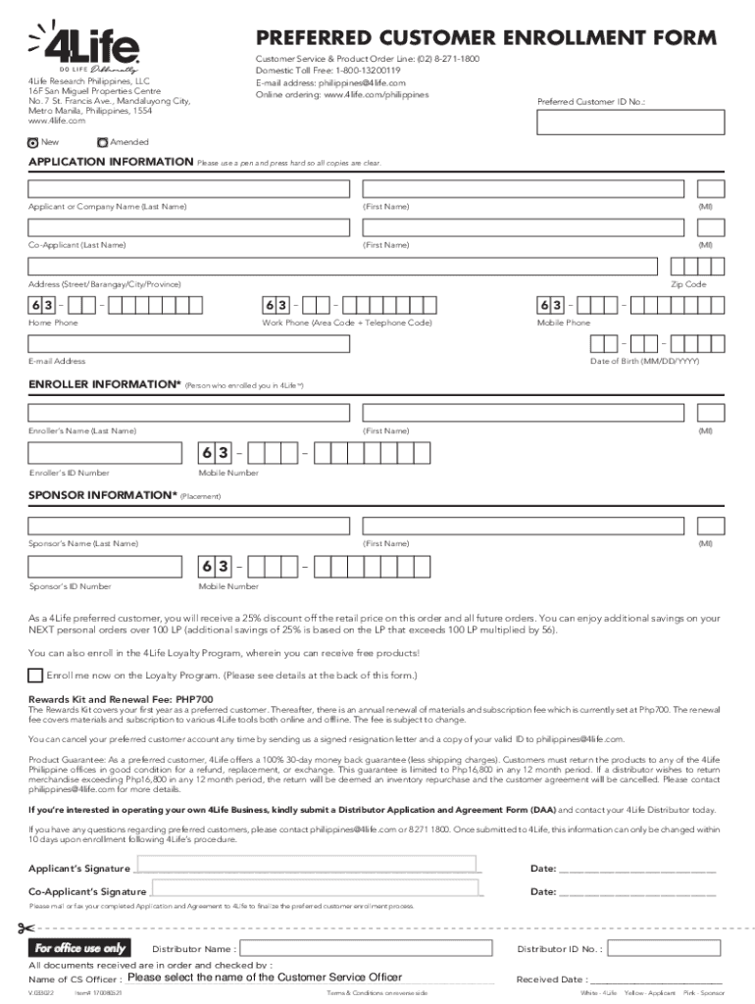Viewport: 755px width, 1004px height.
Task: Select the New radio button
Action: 34,142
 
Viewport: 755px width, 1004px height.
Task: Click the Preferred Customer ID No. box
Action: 630,122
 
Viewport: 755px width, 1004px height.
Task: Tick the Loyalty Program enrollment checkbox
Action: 36,675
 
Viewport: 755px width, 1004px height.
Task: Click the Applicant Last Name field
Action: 188,189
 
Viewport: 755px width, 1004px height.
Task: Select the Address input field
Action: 342,267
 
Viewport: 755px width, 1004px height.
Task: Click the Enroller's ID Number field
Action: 105,453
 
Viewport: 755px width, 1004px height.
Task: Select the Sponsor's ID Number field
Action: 105,567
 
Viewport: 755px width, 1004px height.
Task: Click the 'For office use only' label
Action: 80,948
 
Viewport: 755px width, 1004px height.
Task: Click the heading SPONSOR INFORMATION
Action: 102,496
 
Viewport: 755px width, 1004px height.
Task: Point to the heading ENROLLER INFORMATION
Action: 105,385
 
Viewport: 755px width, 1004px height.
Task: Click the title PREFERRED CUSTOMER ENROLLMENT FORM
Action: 486,38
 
